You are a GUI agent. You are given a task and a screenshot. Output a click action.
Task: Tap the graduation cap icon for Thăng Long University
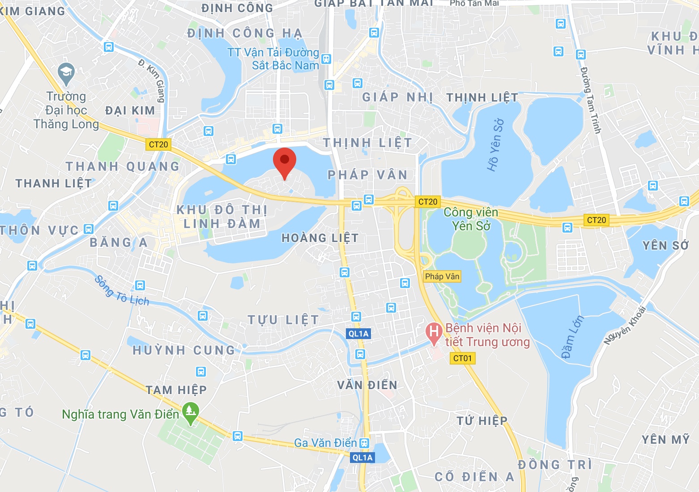(x=66, y=73)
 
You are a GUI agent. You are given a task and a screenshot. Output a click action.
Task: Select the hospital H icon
(x=433, y=332)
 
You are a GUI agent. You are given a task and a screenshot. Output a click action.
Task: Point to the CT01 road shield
(x=462, y=358)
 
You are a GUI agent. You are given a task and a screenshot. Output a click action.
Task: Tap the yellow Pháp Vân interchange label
(x=442, y=276)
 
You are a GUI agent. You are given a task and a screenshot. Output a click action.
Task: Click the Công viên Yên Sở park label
(x=471, y=219)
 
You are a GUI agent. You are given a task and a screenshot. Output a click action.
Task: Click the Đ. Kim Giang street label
(x=152, y=81)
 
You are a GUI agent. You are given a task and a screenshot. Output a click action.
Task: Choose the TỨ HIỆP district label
(x=482, y=421)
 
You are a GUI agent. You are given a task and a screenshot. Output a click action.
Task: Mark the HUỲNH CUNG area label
(x=183, y=350)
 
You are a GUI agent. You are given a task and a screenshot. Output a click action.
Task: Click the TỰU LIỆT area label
(x=284, y=320)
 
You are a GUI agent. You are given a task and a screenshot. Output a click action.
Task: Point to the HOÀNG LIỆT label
(x=320, y=238)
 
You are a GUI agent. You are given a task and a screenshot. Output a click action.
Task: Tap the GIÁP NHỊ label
(x=397, y=98)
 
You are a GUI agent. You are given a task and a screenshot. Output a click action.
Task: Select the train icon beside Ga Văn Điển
(x=365, y=443)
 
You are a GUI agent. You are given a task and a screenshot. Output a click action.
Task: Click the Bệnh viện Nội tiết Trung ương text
(x=487, y=335)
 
